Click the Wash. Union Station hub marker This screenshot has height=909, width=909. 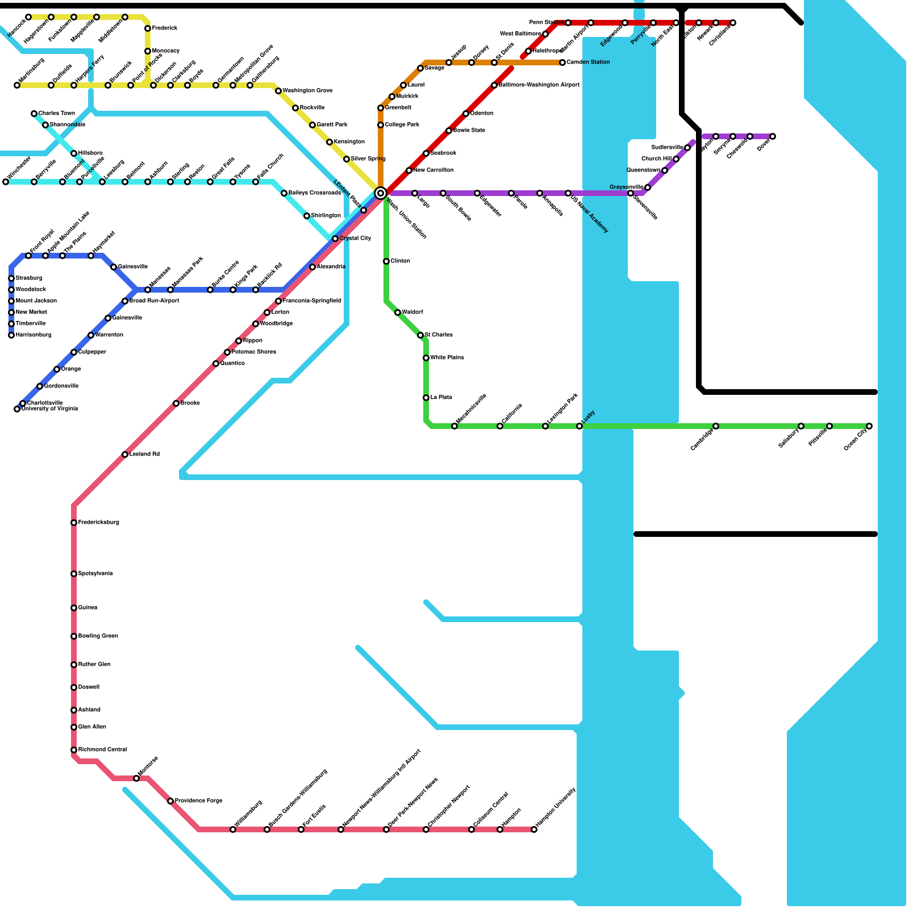pyautogui.click(x=381, y=193)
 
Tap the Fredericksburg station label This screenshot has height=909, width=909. pyautogui.click(x=99, y=523)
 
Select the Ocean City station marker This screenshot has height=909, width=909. pyautogui.click(x=869, y=426)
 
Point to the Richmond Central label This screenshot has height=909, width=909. pyautogui.click(x=102, y=750)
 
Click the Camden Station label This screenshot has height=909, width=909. pyautogui.click(x=588, y=62)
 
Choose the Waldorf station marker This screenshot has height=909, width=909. pyautogui.click(x=398, y=312)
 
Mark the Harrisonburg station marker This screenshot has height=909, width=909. pyautogui.click(x=11, y=335)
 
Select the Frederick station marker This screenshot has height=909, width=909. pyautogui.click(x=148, y=28)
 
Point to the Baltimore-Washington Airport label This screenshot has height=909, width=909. pyautogui.click(x=539, y=85)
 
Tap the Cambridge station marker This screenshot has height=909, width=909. pyautogui.click(x=716, y=426)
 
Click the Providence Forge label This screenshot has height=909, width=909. pyautogui.click(x=198, y=801)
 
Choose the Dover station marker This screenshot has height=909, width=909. pyautogui.click(x=773, y=136)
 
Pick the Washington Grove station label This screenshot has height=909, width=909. pyautogui.click(x=307, y=91)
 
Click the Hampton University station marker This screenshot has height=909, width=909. pyautogui.click(x=534, y=829)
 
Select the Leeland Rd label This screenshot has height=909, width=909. pyautogui.click(x=144, y=454)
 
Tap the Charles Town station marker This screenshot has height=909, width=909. pyautogui.click(x=34, y=114)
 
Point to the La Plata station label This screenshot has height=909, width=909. pyautogui.click(x=441, y=398)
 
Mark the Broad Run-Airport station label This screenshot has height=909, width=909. pyautogui.click(x=154, y=301)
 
